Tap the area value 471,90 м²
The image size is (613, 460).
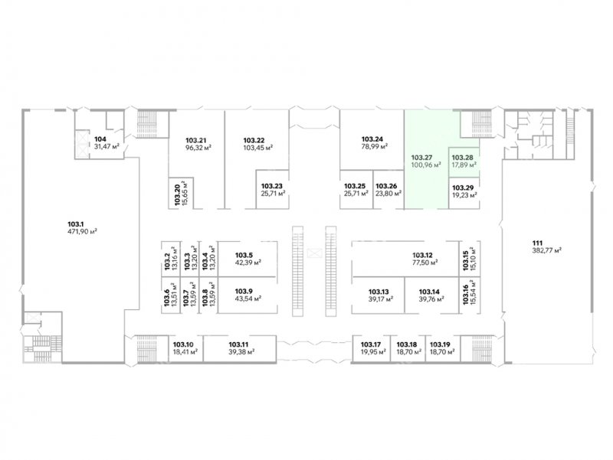(x=82, y=232)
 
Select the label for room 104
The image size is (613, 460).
(x=100, y=139)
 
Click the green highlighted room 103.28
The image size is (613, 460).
(x=464, y=161)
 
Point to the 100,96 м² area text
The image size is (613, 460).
(x=426, y=165)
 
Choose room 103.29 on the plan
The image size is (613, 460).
(x=464, y=193)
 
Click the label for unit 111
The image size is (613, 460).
(x=532, y=243)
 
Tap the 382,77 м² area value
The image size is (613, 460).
(x=546, y=250)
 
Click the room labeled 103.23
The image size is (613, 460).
(x=273, y=189)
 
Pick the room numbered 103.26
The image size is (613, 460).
(x=388, y=189)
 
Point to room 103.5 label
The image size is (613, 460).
(x=244, y=256)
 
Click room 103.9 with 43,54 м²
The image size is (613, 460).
(x=247, y=295)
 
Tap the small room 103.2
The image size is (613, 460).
(x=171, y=259)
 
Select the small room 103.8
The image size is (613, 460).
(x=208, y=295)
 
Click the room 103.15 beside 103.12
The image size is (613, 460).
(x=469, y=259)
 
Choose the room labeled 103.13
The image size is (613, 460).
(x=379, y=295)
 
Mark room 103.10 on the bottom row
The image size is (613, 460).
(x=185, y=348)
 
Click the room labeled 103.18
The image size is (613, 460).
(x=408, y=348)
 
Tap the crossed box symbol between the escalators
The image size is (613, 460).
(x=313, y=254)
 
